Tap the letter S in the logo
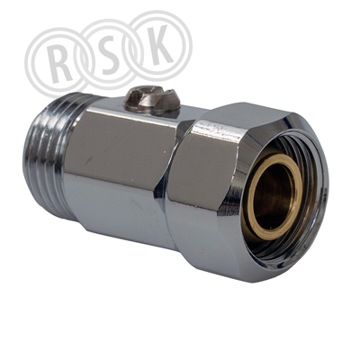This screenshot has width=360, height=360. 109,55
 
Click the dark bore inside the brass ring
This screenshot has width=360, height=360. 274,200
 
